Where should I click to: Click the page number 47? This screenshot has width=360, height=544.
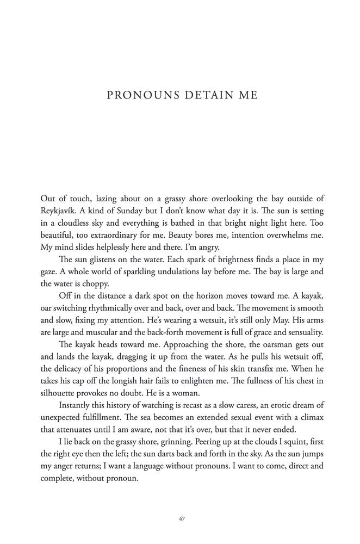pyautogui.click(x=182, y=519)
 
